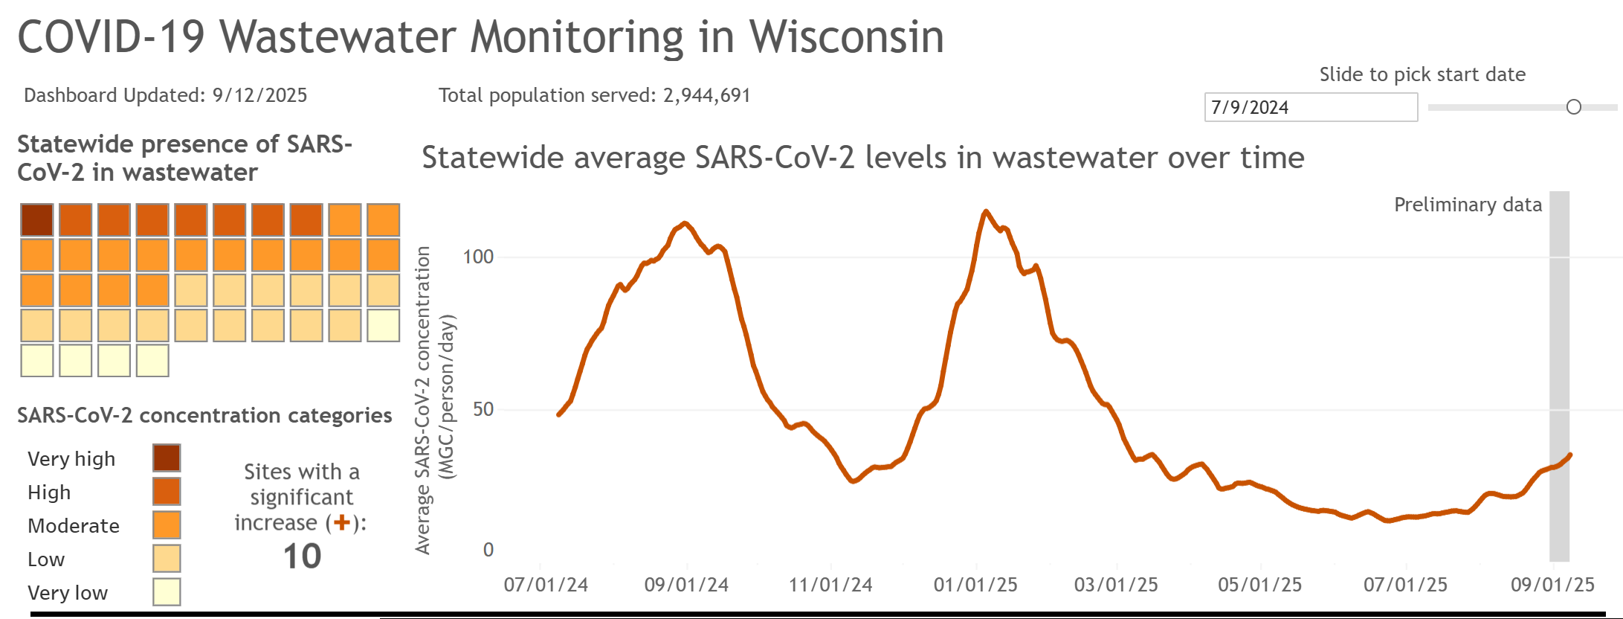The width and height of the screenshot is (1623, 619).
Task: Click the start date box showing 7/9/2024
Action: [1310, 107]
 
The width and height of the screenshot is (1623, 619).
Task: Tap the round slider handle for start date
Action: [1573, 107]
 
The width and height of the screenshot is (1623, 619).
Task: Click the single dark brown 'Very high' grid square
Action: [37, 220]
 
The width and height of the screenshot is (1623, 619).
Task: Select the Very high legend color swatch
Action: [167, 458]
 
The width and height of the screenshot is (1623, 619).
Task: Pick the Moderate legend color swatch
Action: [167, 525]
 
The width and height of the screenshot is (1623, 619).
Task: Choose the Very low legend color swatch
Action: [167, 591]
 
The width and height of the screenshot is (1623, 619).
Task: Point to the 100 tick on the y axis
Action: [478, 257]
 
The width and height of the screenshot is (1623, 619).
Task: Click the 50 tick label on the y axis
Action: [483, 409]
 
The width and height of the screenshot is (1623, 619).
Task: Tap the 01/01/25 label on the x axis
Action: [975, 585]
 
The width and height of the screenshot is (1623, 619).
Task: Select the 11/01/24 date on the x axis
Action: [830, 585]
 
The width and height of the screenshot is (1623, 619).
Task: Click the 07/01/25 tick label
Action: [1405, 585]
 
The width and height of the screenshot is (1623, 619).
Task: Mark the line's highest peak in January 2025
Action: [986, 212]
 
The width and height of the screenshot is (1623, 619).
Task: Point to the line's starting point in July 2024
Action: [559, 414]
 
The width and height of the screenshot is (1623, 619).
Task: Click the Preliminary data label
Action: [1468, 205]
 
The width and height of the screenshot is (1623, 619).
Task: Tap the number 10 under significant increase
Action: [302, 557]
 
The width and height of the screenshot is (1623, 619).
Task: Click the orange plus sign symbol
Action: [342, 523]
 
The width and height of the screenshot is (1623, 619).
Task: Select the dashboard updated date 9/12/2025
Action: [259, 95]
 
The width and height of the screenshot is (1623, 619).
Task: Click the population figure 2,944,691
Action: [706, 95]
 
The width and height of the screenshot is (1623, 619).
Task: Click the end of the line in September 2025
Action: [1569, 455]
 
